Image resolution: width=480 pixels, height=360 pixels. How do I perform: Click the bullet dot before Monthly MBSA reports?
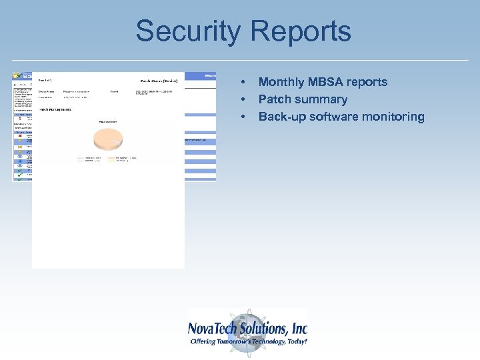pos(244,82)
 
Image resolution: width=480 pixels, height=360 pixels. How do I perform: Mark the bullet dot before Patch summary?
pos(244,99)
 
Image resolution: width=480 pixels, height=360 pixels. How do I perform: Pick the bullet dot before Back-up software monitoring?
pos(244,117)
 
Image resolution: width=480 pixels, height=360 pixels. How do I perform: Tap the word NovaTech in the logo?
pos(215,329)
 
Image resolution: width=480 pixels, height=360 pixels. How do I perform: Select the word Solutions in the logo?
pos(266,329)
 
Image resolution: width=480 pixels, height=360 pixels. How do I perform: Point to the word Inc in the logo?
pos(299,329)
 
